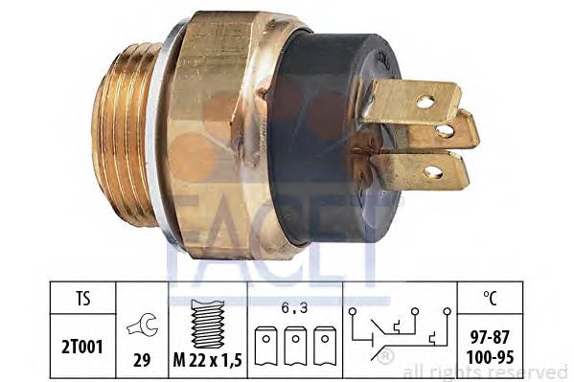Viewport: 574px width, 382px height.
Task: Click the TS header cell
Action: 83,298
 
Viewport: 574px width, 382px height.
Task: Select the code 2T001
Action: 82,347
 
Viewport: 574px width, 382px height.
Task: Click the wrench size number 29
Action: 142,360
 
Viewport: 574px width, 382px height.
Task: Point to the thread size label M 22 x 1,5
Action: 208,360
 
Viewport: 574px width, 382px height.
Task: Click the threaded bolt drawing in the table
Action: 208,324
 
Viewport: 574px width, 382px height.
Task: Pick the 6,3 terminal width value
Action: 295,308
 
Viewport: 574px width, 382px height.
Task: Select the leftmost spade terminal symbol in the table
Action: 265,346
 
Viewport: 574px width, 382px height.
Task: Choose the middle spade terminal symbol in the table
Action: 295,346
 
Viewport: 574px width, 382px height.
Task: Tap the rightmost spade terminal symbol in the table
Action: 325,346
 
